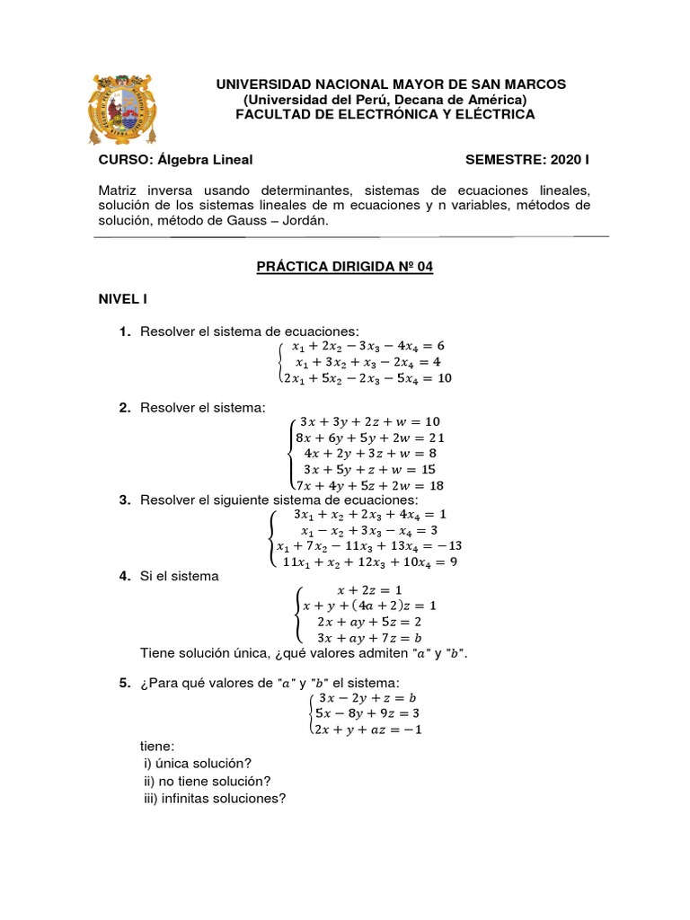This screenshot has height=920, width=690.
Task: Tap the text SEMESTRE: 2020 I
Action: (x=527, y=160)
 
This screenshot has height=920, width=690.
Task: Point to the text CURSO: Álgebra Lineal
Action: (x=175, y=160)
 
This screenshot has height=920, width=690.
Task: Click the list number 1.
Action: (x=126, y=332)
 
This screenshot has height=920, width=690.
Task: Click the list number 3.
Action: (x=126, y=500)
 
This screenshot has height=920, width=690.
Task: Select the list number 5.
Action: (x=126, y=684)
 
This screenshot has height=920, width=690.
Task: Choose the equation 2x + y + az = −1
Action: (x=367, y=730)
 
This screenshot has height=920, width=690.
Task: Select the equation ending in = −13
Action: (x=369, y=546)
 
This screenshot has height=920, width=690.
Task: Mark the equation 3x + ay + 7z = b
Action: (x=370, y=638)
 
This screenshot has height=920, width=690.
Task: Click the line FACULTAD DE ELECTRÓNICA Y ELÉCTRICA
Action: (x=385, y=114)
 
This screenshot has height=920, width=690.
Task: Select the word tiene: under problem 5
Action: (x=157, y=746)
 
